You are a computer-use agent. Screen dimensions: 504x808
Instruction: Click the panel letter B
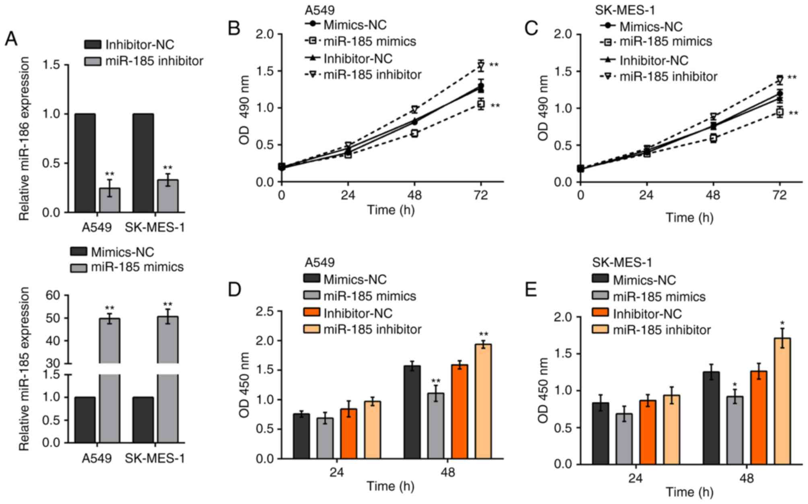coord(234,29)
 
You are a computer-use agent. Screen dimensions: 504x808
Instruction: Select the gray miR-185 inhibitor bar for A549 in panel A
coord(109,200)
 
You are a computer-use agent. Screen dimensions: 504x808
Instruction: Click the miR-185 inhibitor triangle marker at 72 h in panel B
coord(480,66)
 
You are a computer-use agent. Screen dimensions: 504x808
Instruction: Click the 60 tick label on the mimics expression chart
coord(52,295)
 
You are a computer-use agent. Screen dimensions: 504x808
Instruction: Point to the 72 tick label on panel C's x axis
coord(779,196)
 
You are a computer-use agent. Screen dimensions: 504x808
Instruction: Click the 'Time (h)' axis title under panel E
coord(689,492)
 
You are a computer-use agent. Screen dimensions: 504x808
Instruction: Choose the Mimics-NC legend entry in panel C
coord(651,27)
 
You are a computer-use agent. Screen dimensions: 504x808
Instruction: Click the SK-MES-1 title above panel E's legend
coord(622,262)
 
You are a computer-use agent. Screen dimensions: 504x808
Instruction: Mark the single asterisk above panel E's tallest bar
coord(782,323)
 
